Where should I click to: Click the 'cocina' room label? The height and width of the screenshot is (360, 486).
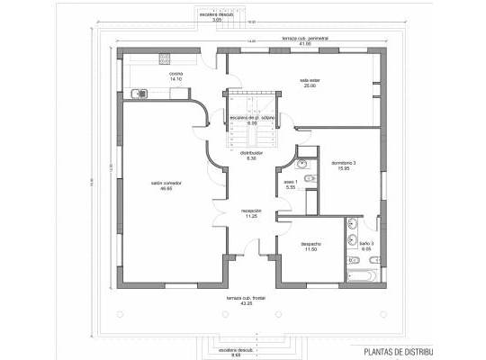(x=176, y=74)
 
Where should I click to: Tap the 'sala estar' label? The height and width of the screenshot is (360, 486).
(x=310, y=80)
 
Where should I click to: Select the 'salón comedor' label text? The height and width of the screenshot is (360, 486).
(x=166, y=184)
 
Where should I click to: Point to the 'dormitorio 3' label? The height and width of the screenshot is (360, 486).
(x=345, y=162)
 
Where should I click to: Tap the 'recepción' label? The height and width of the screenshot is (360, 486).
(x=250, y=211)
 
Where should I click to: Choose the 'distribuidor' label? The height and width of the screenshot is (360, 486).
(x=251, y=153)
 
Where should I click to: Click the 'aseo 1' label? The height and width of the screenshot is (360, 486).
(x=291, y=181)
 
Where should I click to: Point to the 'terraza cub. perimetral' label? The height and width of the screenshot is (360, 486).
(x=305, y=40)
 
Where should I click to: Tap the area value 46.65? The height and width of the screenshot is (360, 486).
(x=166, y=189)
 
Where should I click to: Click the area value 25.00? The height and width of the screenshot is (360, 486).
(x=310, y=85)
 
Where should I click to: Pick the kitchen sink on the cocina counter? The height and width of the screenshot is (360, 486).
(x=138, y=91)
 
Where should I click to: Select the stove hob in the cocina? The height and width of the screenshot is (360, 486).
(x=165, y=58)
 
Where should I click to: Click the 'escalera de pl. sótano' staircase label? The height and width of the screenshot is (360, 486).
(x=250, y=117)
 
